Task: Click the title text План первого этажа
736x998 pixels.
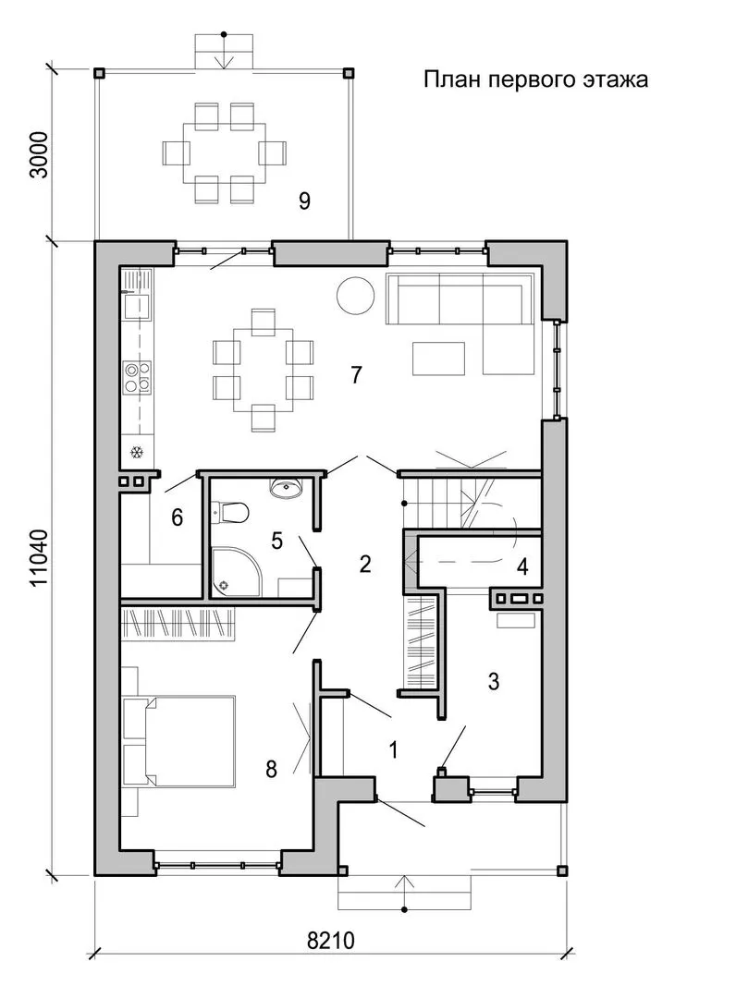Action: (535, 79)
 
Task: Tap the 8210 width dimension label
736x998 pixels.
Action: (330, 940)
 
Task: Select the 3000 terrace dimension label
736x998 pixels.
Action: (39, 154)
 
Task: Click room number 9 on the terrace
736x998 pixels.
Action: (304, 201)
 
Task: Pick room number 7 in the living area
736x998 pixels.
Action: (356, 374)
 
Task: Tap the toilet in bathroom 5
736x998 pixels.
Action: (229, 513)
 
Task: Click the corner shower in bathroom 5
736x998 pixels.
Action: (234, 571)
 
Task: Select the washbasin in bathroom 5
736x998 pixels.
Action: (287, 488)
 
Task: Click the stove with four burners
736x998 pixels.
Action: (138, 377)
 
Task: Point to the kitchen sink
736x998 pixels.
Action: (138, 306)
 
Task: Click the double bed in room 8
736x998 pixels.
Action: (190, 741)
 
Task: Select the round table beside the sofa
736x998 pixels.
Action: (355, 296)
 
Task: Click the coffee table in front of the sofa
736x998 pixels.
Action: (438, 359)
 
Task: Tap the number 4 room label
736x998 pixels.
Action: (522, 566)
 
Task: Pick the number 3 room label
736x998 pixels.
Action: (494, 682)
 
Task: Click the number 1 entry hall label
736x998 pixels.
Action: (394, 749)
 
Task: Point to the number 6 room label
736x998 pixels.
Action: (177, 517)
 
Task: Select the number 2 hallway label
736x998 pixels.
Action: (365, 564)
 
